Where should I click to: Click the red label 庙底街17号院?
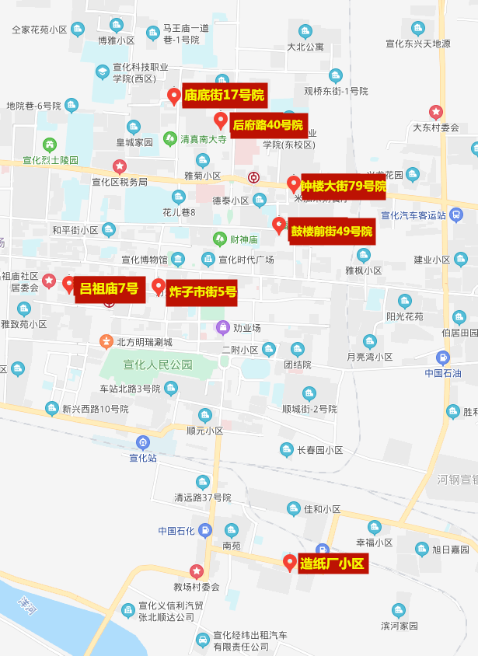[225, 96]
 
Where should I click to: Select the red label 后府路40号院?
[267, 124]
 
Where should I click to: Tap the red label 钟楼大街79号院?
[344, 186]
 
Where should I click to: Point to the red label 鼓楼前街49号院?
[332, 231]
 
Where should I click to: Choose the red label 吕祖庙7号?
[109, 290]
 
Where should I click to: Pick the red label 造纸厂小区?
[332, 564]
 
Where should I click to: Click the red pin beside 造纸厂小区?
[289, 562]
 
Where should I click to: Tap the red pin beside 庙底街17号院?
[174, 96]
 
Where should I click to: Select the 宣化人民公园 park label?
[158, 364]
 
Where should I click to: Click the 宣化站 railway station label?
[143, 458]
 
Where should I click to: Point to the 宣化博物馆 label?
[144, 259]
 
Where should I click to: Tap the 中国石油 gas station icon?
[443, 358]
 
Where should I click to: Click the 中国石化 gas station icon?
[204, 531]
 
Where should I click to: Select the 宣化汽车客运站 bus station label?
[413, 215]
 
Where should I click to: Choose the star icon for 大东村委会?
[435, 112]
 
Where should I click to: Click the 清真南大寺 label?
[203, 140]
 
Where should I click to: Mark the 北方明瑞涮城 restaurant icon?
[106, 341]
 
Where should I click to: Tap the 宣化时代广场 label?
[246, 259]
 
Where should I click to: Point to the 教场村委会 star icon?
[197, 571]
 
